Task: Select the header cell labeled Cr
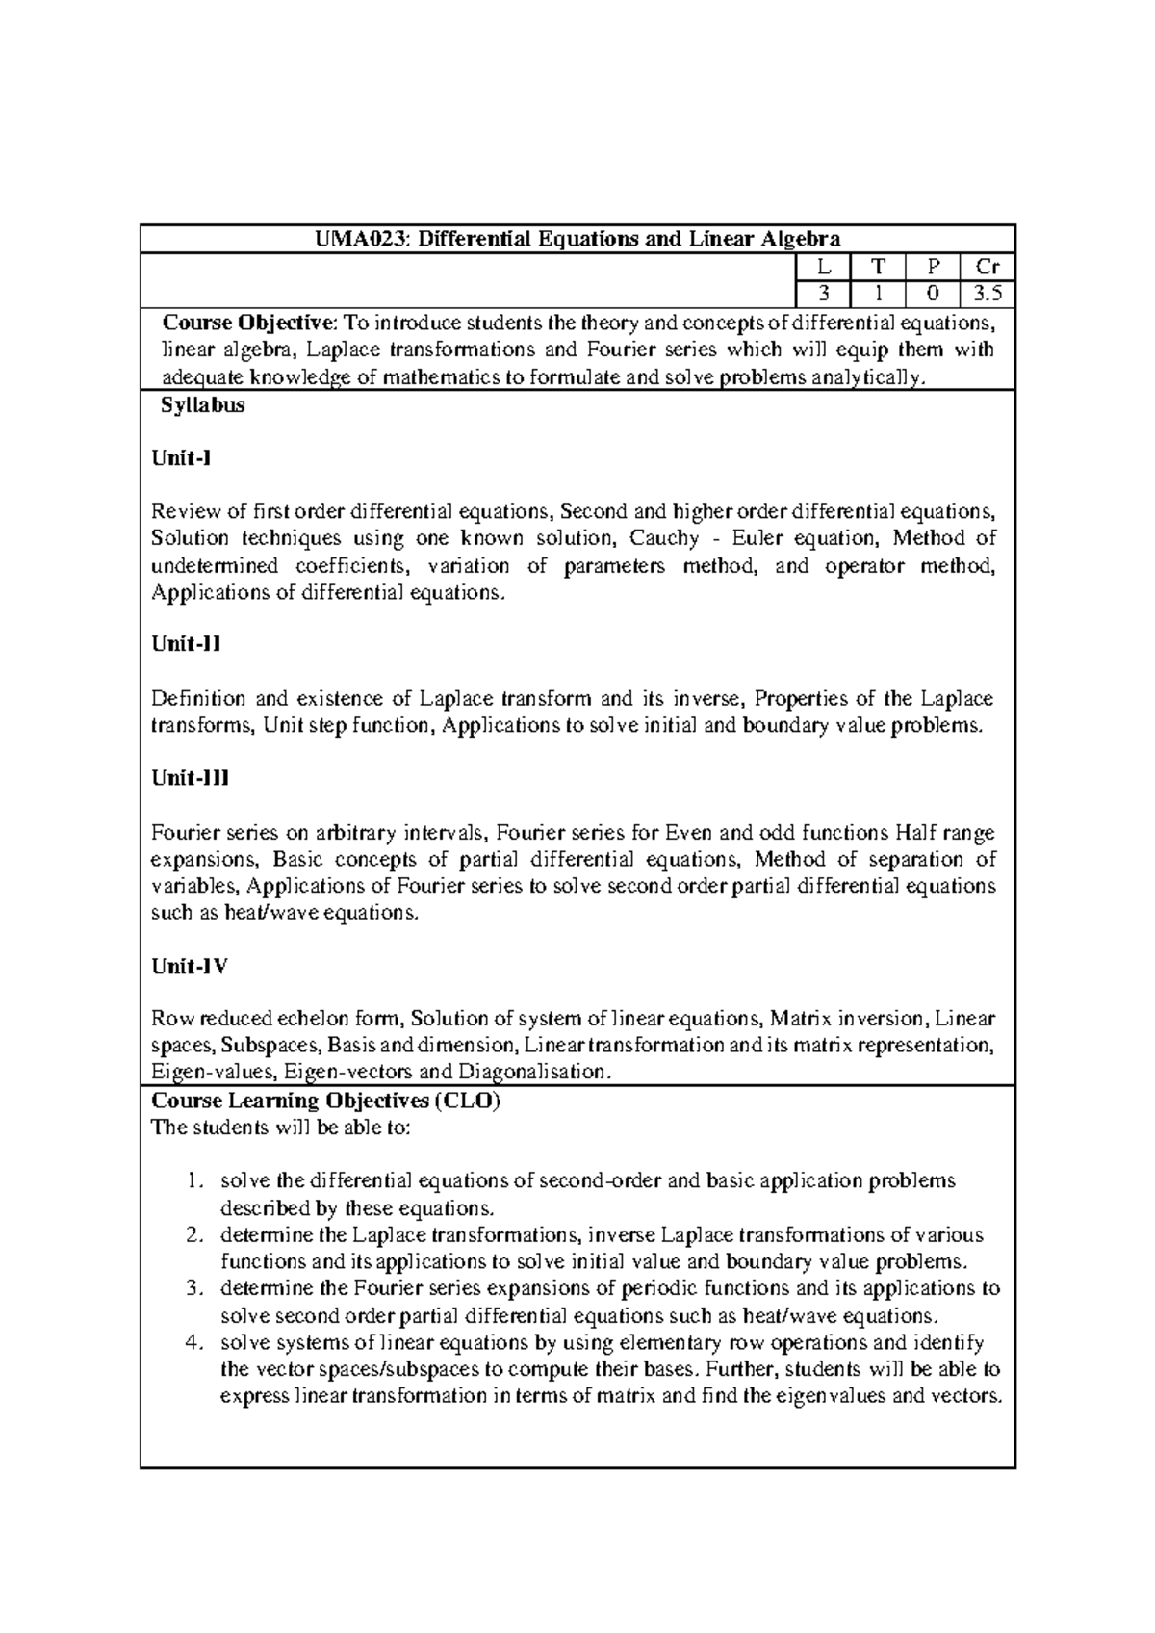pyautogui.click(x=988, y=268)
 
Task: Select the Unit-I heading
pyautogui.click(x=181, y=458)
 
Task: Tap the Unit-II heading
pyautogui.click(x=186, y=644)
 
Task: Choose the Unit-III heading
pyautogui.click(x=190, y=778)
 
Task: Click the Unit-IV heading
pyautogui.click(x=190, y=966)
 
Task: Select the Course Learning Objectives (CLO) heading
pyautogui.click(x=326, y=1101)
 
